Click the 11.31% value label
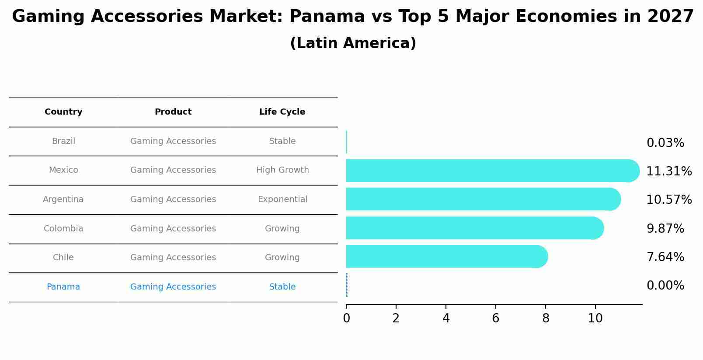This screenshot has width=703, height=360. [668, 171]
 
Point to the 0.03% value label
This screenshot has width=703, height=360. [665, 143]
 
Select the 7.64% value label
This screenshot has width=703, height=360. [665, 257]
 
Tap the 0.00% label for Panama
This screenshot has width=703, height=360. [665, 286]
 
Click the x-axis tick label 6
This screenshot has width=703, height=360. [495, 318]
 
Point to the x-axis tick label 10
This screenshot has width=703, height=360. [595, 318]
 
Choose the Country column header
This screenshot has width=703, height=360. [63, 112]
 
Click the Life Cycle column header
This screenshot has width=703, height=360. [282, 112]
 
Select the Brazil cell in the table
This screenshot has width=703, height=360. [63, 141]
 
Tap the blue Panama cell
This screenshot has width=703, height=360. [63, 287]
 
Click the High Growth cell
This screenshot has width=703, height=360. [282, 170]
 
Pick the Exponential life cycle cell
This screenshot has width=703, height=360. [282, 199]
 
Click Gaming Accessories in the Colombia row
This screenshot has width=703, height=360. [173, 229]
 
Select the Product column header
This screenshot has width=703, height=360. [173, 112]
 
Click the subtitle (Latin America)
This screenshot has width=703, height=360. [353, 43]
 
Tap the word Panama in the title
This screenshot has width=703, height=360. [327, 17]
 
